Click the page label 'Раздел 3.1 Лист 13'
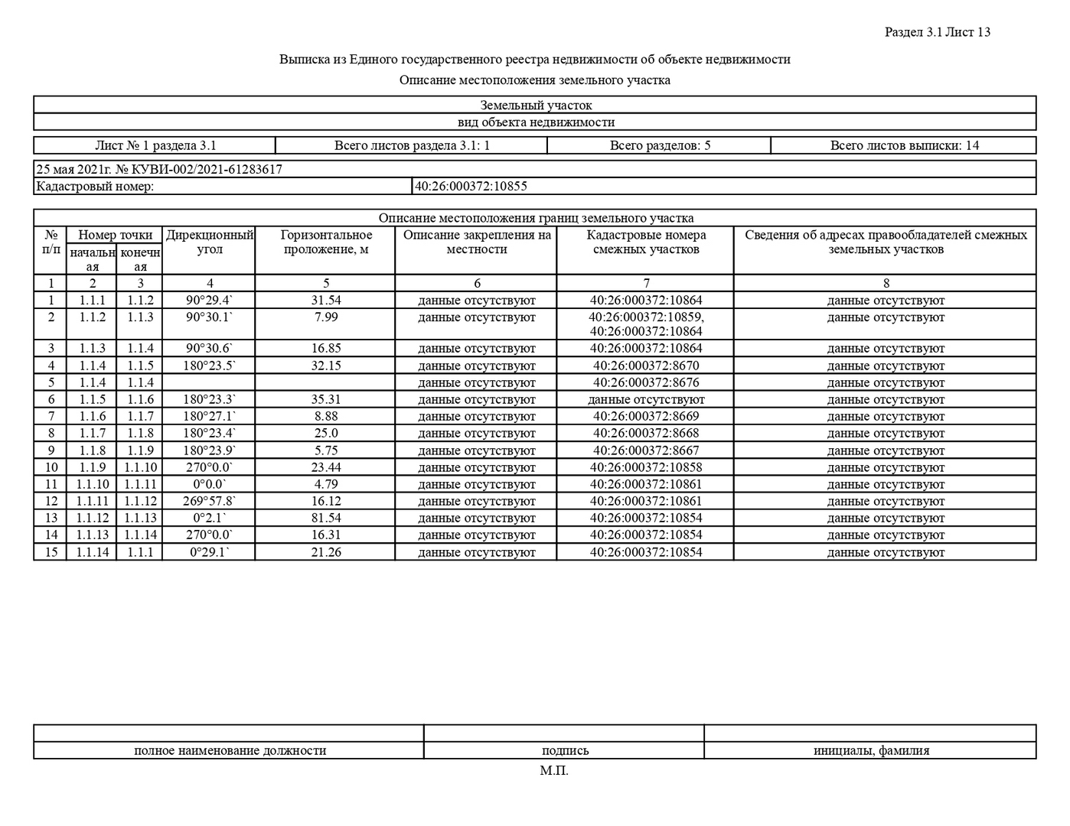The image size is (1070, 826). (x=937, y=32)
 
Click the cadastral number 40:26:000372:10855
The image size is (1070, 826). (x=471, y=186)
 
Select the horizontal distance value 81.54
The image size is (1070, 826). (x=326, y=519)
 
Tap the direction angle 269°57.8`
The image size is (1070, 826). (x=210, y=502)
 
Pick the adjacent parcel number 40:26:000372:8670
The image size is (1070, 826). (x=646, y=366)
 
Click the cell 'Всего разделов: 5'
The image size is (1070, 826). (x=660, y=145)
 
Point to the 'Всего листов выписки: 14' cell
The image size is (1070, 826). (x=904, y=145)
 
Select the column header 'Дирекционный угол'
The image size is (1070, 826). (x=210, y=242)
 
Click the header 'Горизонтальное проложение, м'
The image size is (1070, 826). (x=326, y=242)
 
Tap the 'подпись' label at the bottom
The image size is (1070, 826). (x=565, y=750)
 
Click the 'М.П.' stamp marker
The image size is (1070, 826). (x=554, y=770)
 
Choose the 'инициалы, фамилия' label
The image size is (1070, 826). (x=871, y=750)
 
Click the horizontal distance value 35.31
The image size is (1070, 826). (x=326, y=399)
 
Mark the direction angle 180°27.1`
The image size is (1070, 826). (x=210, y=416)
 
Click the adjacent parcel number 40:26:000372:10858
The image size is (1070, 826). (x=646, y=467)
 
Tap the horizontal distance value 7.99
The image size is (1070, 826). (x=326, y=317)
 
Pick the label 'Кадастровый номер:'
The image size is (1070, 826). (x=95, y=186)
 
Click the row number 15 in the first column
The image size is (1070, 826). (x=51, y=552)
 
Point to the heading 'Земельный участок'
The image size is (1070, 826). (x=536, y=106)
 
